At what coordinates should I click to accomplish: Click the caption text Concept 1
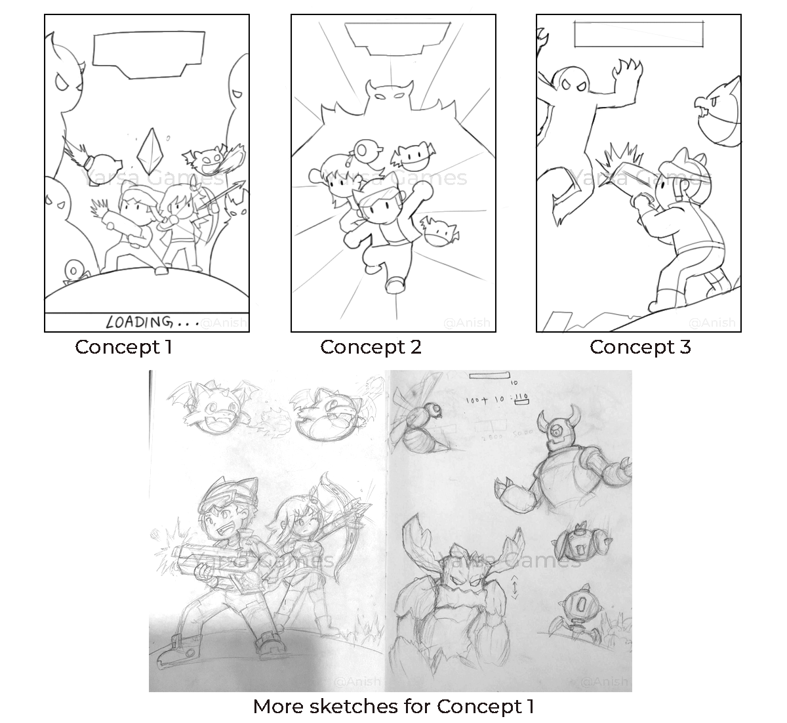(x=123, y=347)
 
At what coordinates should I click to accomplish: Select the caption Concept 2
(x=371, y=347)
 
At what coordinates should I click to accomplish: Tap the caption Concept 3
(x=640, y=347)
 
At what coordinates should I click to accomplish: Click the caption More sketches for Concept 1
(x=393, y=707)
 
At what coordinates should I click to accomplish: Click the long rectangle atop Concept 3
(x=639, y=34)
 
